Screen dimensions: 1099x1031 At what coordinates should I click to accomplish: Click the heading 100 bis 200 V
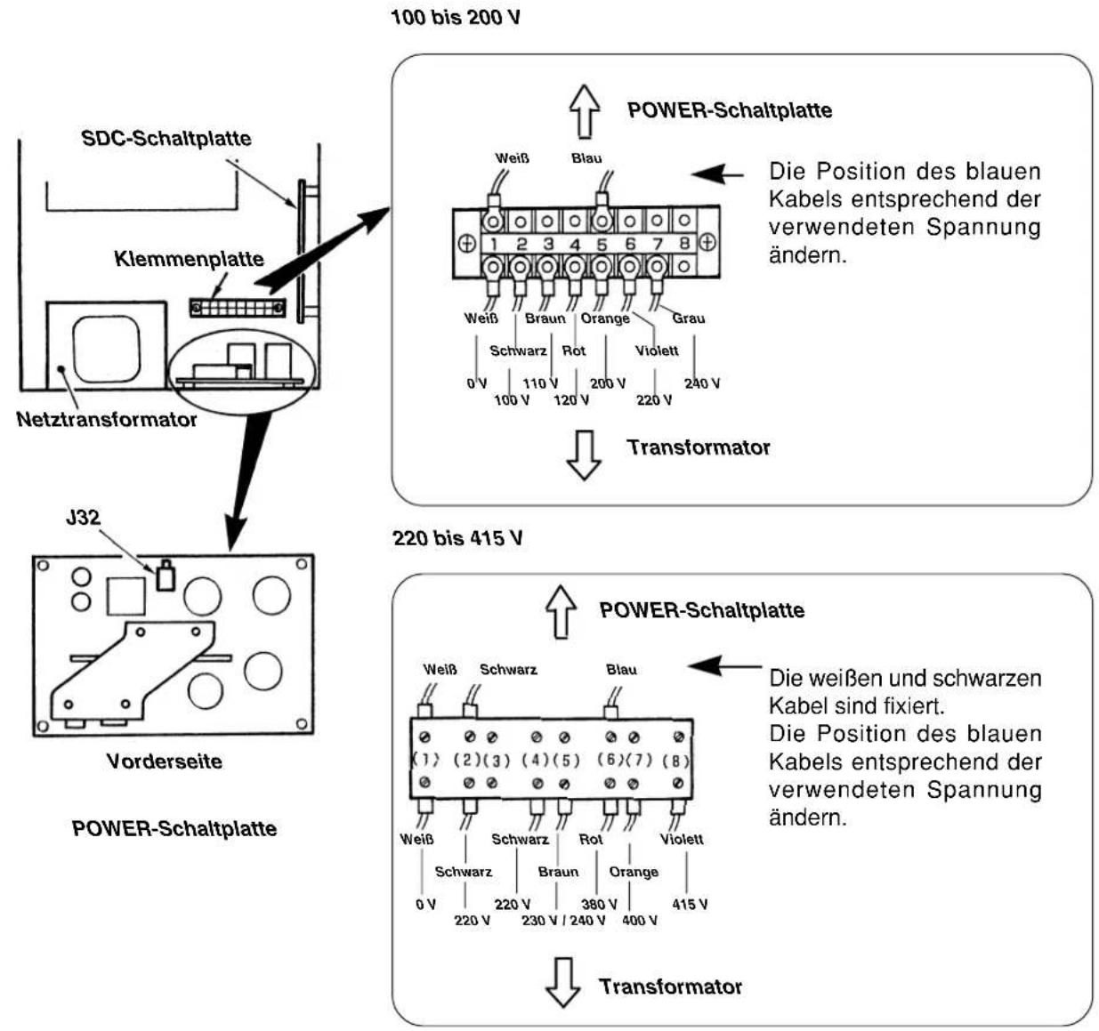[456, 18]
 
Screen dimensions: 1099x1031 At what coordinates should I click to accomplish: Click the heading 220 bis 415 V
[457, 538]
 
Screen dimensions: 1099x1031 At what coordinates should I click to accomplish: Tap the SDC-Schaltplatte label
[166, 139]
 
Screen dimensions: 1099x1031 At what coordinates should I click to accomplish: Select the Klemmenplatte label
[190, 259]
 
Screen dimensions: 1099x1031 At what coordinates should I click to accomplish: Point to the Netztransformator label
[106, 420]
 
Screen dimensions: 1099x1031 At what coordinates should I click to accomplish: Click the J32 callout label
[83, 518]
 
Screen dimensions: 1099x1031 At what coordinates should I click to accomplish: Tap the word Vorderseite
[165, 761]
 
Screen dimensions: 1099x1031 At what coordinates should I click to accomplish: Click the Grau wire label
[689, 318]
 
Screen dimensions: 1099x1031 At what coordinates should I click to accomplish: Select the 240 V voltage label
[702, 383]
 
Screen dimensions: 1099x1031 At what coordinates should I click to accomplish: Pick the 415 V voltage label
[690, 905]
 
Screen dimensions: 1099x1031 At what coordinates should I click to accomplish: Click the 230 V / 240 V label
[563, 921]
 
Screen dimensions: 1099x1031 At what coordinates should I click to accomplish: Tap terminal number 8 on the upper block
[684, 243]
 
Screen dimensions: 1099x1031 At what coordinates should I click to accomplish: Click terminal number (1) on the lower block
[425, 760]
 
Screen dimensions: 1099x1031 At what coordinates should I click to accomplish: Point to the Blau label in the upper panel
[586, 158]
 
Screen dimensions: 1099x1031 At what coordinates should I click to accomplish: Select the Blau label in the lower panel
[621, 670]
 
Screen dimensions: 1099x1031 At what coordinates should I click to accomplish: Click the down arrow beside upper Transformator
[584, 455]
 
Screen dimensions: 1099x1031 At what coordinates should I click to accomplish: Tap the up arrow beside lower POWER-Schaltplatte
[562, 612]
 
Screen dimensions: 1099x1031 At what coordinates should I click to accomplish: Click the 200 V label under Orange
[608, 383]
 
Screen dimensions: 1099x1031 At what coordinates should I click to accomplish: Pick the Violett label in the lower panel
[682, 840]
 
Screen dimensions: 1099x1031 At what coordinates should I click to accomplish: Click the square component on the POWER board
[126, 597]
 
